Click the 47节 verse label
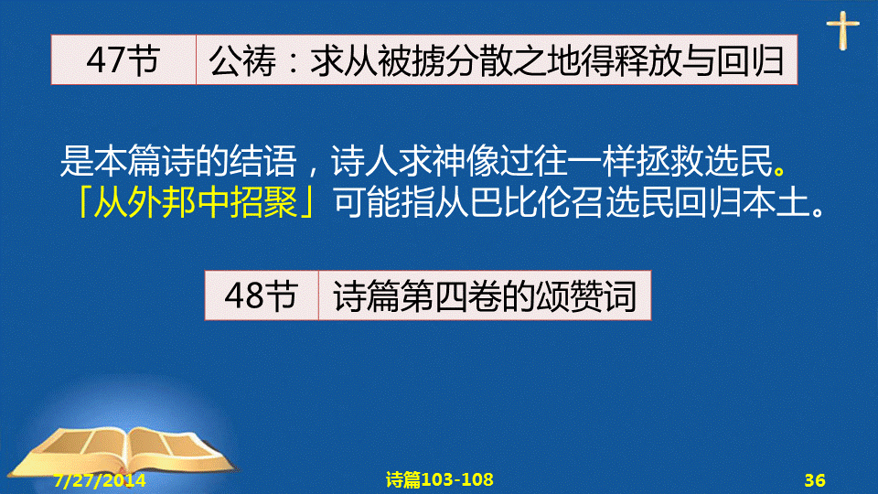(123, 60)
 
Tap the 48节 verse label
(261, 295)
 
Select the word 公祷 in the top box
(242, 60)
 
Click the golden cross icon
(842, 31)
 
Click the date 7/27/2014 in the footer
(100, 480)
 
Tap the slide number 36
(815, 480)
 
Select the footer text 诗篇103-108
(440, 479)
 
